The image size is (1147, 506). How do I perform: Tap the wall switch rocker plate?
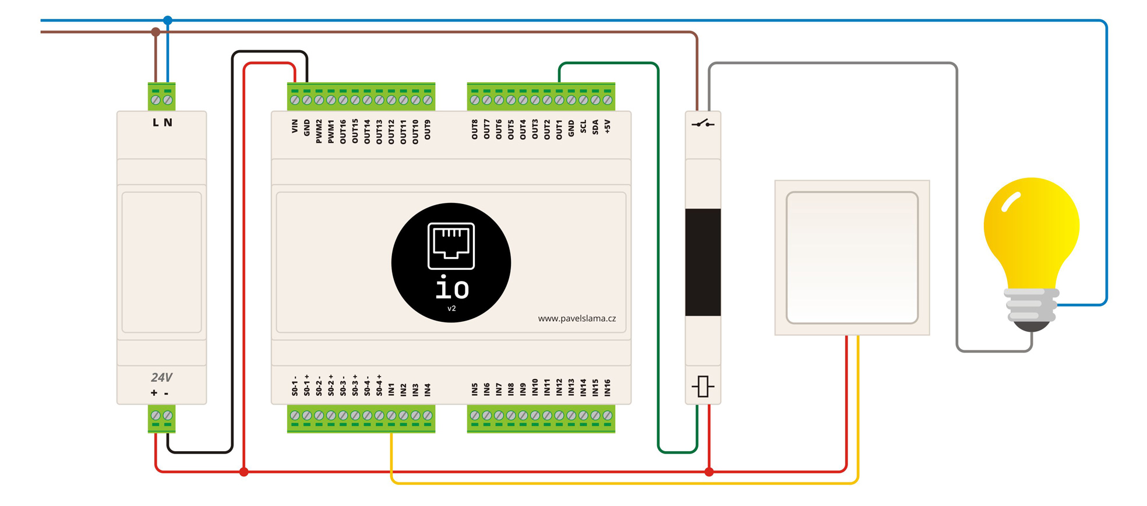coord(852,257)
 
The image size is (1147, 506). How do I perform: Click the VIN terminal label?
coord(295,126)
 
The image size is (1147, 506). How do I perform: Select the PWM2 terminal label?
coord(319,131)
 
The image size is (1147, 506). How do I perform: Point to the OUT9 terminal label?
coord(428,130)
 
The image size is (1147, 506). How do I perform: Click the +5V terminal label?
coord(608,126)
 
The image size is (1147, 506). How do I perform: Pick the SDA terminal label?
coord(595,127)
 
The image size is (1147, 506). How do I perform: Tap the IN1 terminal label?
coord(391,389)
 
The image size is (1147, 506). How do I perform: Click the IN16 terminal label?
coord(608,388)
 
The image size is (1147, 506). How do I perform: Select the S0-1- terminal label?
coord(295,386)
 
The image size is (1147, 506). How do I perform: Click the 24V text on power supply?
coord(161,378)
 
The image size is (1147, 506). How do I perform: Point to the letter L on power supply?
coord(156,122)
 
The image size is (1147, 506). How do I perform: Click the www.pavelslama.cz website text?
coord(577,318)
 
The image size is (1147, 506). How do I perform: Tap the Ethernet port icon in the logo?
coord(451,245)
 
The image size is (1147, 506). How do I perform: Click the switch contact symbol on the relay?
coord(703,124)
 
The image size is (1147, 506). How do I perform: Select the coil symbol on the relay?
coord(703,386)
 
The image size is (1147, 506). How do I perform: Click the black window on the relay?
coord(703,262)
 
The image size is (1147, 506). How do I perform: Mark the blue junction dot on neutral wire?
coord(168,20)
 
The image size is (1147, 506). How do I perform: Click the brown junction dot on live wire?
coord(156,32)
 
